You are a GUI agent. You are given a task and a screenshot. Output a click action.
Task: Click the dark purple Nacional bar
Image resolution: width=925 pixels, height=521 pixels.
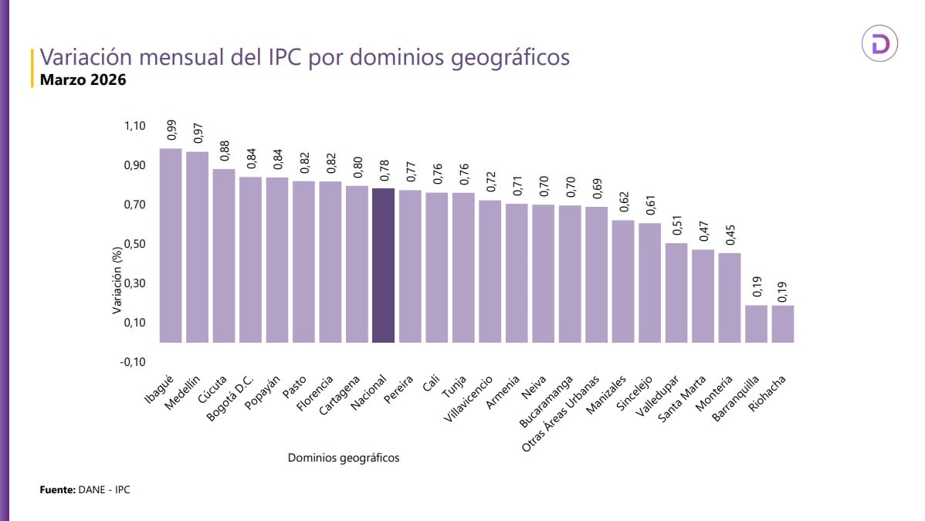tap(383, 265)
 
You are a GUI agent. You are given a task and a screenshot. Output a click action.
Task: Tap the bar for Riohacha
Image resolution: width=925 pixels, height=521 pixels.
tap(782, 323)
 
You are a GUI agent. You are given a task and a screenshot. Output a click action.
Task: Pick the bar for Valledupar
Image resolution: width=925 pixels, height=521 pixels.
tap(676, 293)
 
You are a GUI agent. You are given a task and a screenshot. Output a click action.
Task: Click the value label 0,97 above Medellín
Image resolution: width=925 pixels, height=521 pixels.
tap(198, 133)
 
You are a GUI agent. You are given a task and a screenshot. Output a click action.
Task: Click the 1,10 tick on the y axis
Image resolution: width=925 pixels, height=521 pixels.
tap(134, 126)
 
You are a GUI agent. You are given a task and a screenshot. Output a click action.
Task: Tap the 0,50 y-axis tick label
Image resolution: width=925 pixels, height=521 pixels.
tap(134, 244)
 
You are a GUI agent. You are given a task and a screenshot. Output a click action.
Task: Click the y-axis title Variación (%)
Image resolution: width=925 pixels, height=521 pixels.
tap(117, 282)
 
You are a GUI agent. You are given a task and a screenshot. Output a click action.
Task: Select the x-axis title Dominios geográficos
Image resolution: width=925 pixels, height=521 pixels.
tap(344, 458)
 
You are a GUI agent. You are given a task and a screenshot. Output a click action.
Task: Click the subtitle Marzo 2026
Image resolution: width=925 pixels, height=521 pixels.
tap(83, 80)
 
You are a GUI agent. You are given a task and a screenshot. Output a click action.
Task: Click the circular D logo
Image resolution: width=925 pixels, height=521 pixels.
tap(879, 46)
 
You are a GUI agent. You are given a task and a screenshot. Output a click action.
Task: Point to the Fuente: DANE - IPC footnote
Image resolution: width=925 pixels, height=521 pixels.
tap(85, 490)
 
